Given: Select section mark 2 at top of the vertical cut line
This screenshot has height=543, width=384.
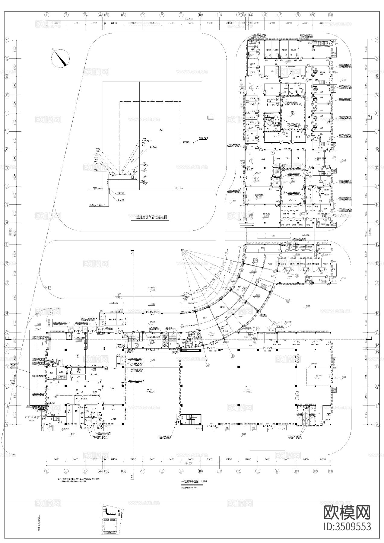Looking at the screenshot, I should (132, 253).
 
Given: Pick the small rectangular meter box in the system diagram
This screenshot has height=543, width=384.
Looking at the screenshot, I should (133, 177).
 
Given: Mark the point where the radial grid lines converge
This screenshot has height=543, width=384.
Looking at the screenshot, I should (181, 249).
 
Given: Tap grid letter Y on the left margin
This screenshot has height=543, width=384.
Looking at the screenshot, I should (7, 40).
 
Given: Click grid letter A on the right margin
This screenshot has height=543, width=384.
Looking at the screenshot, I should (377, 424).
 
